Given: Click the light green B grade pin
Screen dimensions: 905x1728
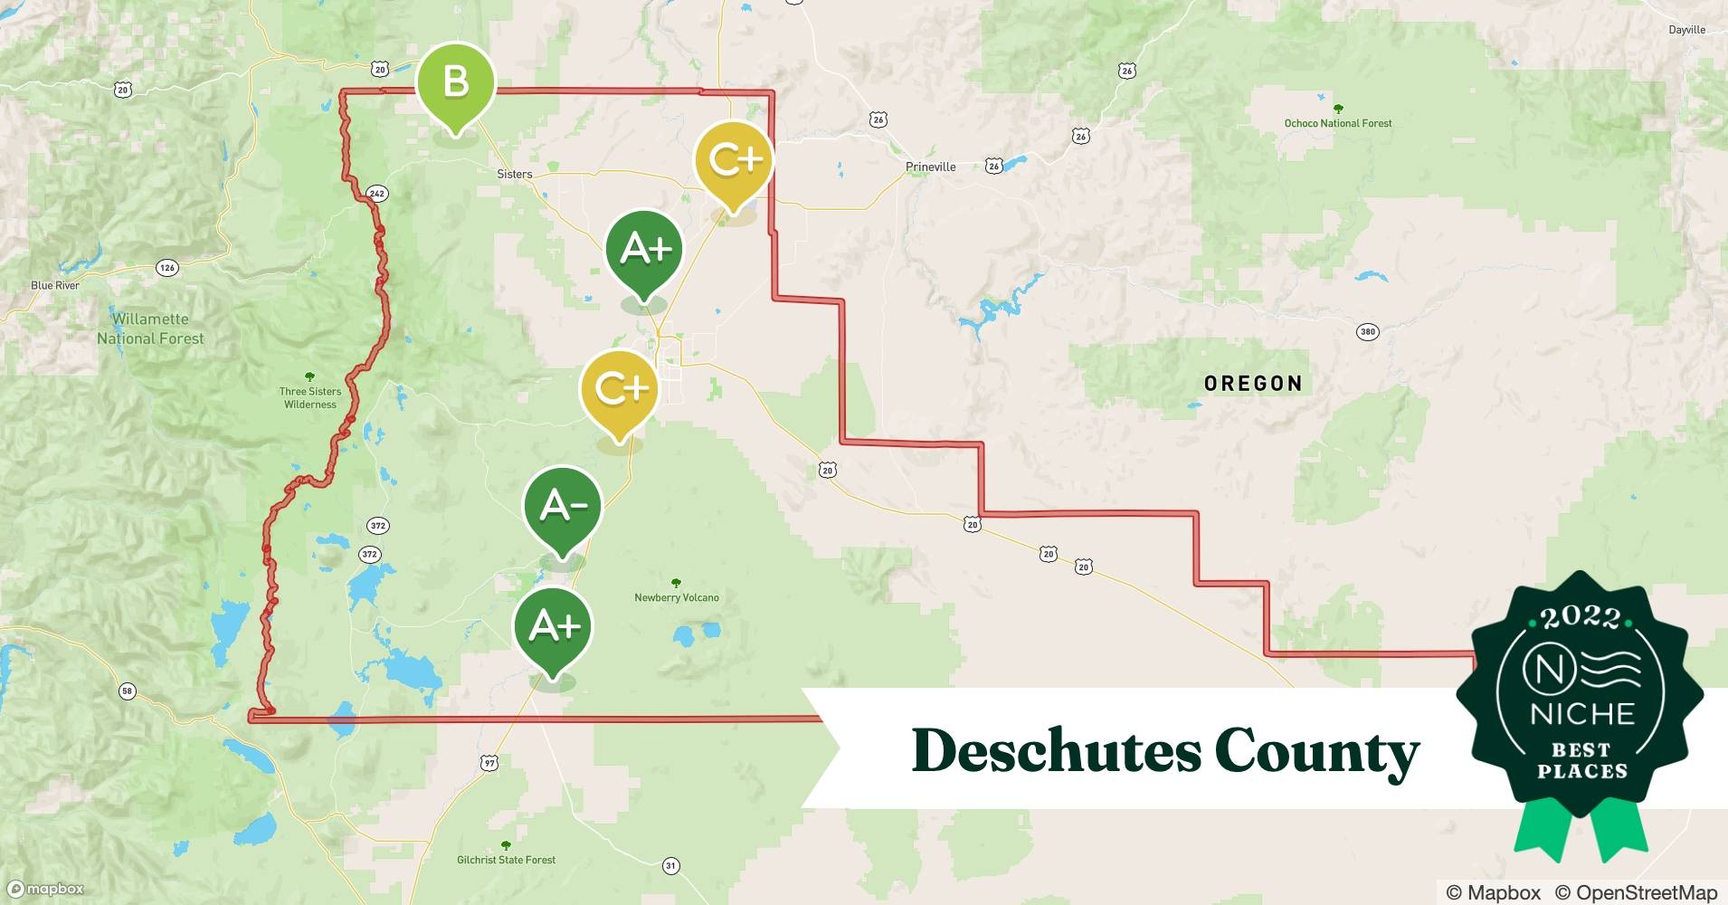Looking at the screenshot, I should pyautogui.click(x=456, y=83).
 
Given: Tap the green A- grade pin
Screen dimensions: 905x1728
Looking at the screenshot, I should pyautogui.click(x=563, y=507).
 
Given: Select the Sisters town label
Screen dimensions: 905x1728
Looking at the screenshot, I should pyautogui.click(x=514, y=174).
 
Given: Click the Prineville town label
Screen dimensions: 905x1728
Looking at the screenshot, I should pyautogui.click(x=930, y=167).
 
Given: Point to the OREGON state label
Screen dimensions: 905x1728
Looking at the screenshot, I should pyautogui.click(x=1253, y=384).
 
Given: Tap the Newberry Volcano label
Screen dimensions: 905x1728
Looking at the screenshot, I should pyautogui.click(x=676, y=597).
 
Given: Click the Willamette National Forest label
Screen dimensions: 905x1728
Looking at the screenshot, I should pyautogui.click(x=150, y=329).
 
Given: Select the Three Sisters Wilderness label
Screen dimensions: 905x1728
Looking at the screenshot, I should pyautogui.click(x=309, y=397).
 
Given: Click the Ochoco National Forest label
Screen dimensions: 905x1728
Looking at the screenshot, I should pyautogui.click(x=1337, y=123).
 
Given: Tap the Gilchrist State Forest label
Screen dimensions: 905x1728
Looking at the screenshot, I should pyautogui.click(x=506, y=860).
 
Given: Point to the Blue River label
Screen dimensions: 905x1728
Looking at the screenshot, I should pyautogui.click(x=55, y=285).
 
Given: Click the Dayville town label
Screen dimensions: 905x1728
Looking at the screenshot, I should pyautogui.click(x=1686, y=30).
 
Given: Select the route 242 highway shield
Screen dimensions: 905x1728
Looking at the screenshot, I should pyautogui.click(x=377, y=194).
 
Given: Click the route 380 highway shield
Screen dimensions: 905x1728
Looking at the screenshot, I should pyautogui.click(x=1367, y=332).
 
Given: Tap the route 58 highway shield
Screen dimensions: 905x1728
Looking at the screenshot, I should pyautogui.click(x=127, y=691).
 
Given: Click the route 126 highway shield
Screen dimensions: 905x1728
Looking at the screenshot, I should pyautogui.click(x=166, y=268).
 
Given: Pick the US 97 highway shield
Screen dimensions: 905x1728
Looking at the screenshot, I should pyautogui.click(x=489, y=763).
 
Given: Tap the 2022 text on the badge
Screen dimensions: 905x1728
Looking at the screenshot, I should pyautogui.click(x=1581, y=617).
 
